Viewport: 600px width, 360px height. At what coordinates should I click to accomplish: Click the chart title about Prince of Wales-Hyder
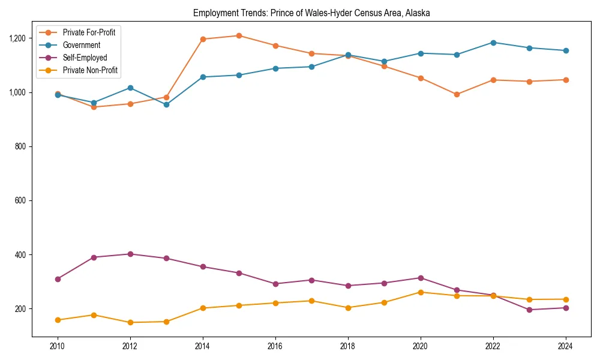[x=311, y=13]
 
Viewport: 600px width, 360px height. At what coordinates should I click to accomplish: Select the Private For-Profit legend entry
[x=89, y=32]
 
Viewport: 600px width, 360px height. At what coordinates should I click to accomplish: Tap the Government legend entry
[x=81, y=45]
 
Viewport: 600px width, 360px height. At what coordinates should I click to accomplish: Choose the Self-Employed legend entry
[x=85, y=58]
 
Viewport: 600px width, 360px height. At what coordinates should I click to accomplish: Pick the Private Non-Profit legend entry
[x=90, y=71]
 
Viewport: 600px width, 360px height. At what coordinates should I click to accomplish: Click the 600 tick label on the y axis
[x=21, y=200]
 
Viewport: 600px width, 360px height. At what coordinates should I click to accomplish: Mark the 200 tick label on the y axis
[x=21, y=309]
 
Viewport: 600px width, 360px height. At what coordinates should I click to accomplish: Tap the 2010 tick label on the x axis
[x=58, y=346]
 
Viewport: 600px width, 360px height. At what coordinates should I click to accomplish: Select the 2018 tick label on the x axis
[x=347, y=346]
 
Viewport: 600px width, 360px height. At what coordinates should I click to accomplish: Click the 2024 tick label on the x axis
[x=565, y=346]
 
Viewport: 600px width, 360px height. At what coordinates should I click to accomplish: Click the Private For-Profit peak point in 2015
[x=239, y=36]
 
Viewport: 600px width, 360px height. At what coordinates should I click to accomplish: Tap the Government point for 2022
[x=493, y=43]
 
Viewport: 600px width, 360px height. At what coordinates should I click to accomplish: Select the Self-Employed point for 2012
[x=130, y=254]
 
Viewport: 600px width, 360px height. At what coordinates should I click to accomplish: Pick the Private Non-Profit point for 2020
[x=421, y=292]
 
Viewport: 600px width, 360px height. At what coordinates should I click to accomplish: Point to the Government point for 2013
[x=166, y=104]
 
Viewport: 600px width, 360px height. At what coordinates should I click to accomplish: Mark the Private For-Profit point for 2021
[x=457, y=94]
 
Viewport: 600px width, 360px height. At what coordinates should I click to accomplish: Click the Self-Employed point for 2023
[x=529, y=310]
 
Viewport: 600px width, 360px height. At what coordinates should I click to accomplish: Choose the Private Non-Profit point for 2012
[x=130, y=322]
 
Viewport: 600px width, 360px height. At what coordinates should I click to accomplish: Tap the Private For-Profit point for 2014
[x=203, y=39]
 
